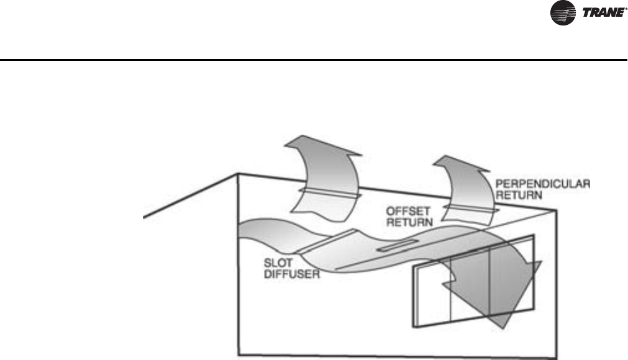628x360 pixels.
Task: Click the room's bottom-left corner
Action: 239,356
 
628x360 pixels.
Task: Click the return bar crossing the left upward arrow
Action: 328,193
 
